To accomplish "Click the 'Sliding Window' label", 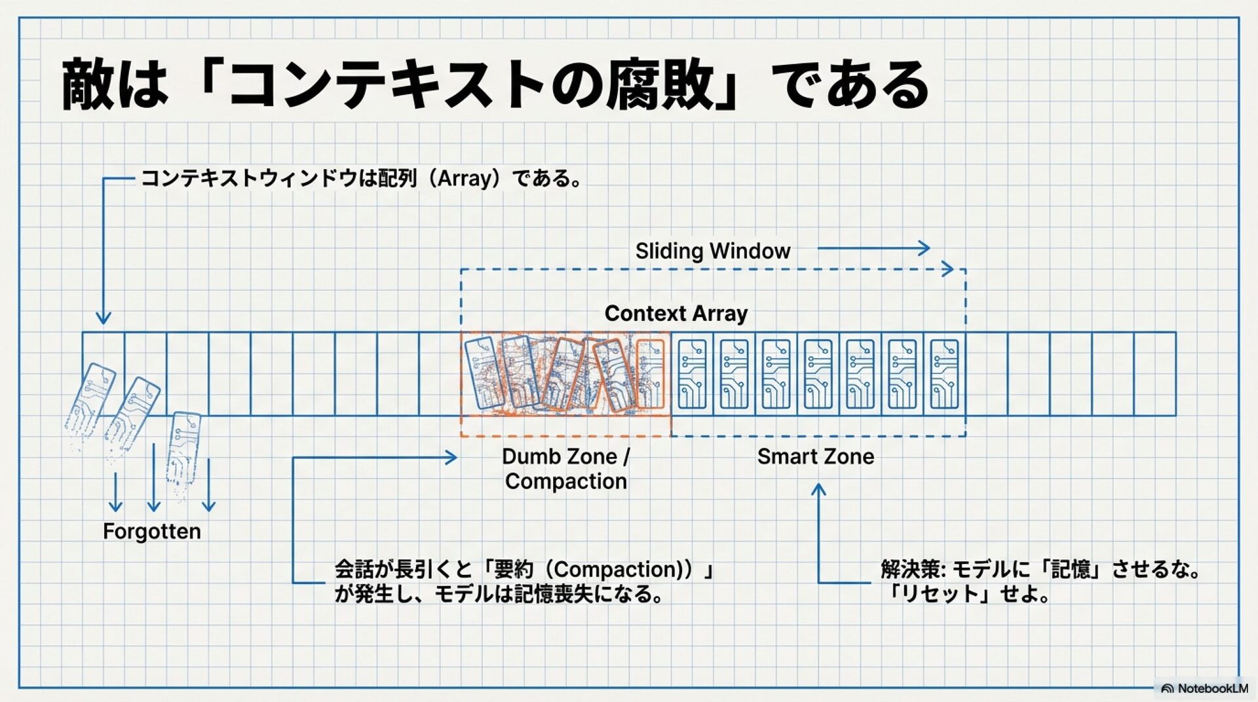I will pyautogui.click(x=712, y=251).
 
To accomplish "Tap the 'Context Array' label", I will pyautogui.click(x=676, y=314).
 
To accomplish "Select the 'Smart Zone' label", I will pyautogui.click(x=815, y=456).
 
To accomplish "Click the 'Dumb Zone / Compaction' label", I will pyautogui.click(x=566, y=469).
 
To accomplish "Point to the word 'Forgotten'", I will pyautogui.click(x=152, y=531).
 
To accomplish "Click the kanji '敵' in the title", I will pyautogui.click(x=88, y=85).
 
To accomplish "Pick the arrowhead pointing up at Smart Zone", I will pyautogui.click(x=818, y=489).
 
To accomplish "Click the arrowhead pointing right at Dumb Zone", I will pyautogui.click(x=451, y=458).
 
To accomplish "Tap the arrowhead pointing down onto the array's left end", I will pyautogui.click(x=104, y=318).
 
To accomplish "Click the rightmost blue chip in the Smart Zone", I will pyautogui.click(x=944, y=374).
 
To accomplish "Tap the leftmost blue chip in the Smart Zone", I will pyautogui.click(x=692, y=374).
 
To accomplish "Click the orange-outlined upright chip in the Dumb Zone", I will pyautogui.click(x=651, y=374).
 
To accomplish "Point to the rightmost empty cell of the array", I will pyautogui.click(x=1154, y=374).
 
